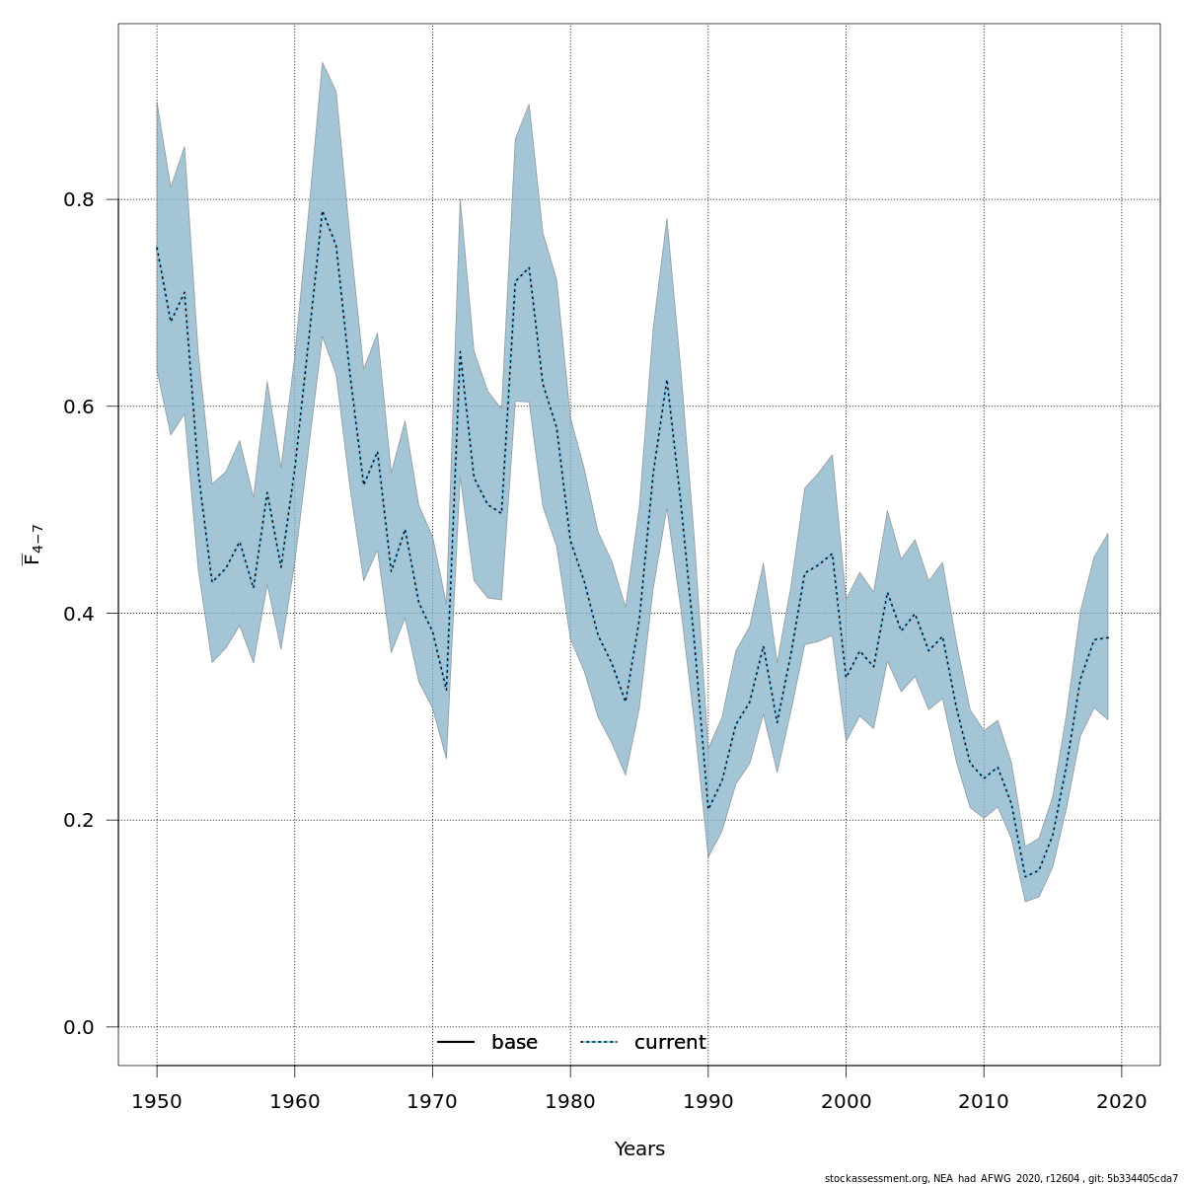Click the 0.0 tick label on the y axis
click(x=80, y=1027)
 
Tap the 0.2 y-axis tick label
click(x=80, y=820)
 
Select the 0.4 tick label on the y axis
click(x=80, y=613)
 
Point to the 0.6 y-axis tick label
click(x=80, y=407)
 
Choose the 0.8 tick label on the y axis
click(x=80, y=199)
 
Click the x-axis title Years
click(x=639, y=1149)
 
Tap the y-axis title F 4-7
click(x=33, y=545)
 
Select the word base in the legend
click(x=514, y=1043)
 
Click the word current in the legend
click(x=670, y=1043)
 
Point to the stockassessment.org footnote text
click(x=1000, y=1178)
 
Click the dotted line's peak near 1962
click(x=323, y=212)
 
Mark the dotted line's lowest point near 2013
click(x=1025, y=876)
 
